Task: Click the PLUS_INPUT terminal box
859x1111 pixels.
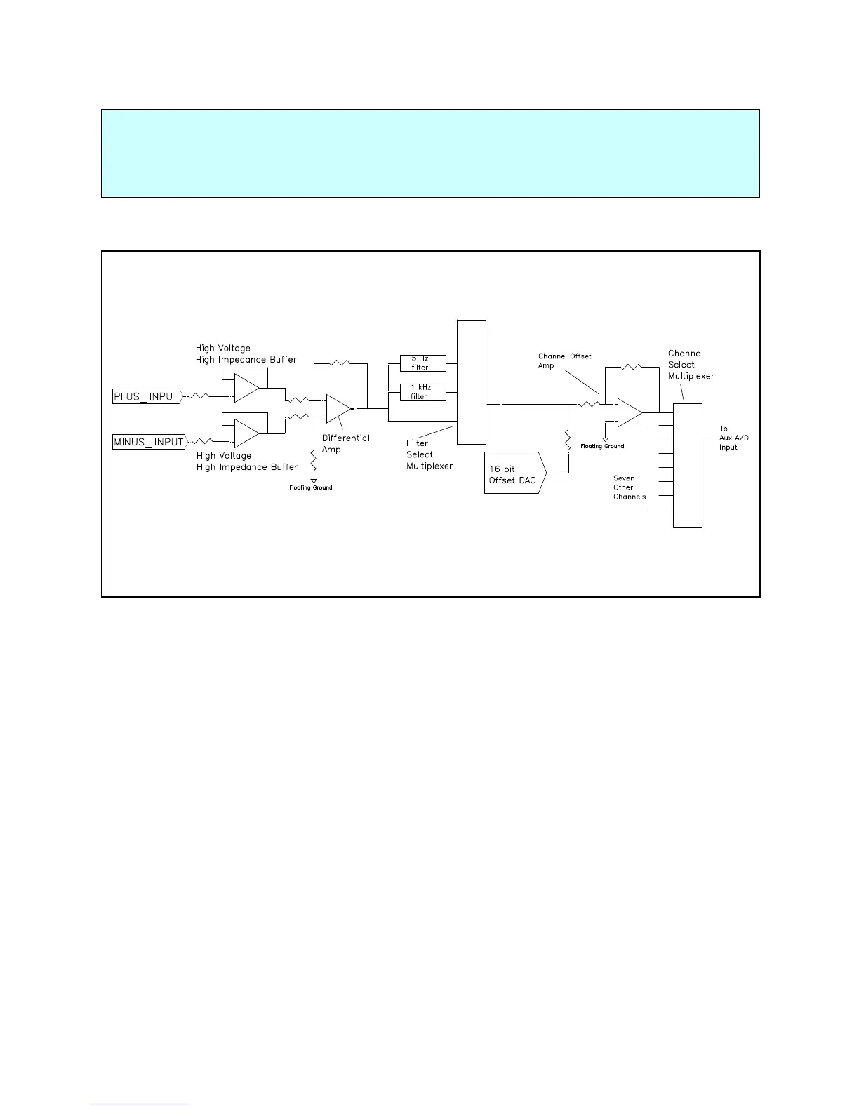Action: [x=147, y=396]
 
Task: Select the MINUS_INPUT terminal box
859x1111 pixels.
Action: [x=149, y=442]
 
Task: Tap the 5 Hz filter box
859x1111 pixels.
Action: [x=422, y=363]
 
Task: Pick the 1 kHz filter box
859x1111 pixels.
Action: [x=422, y=391]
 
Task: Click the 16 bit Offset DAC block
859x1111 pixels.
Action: [x=514, y=473]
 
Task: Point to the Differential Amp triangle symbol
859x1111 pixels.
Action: [x=338, y=408]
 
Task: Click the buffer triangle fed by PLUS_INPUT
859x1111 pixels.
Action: [x=246, y=388]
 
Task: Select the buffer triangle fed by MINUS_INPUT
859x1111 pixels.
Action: [x=246, y=433]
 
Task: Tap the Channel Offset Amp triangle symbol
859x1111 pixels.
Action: [x=629, y=412]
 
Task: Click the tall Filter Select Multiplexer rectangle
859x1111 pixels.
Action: [x=471, y=382]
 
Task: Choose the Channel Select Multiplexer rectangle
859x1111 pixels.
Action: [x=687, y=465]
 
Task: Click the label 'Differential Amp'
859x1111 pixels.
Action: [x=345, y=444]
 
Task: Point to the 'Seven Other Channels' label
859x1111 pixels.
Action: [x=629, y=487]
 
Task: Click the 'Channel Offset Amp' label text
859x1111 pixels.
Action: [x=564, y=361]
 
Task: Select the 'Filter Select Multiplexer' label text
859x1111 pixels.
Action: [x=429, y=454]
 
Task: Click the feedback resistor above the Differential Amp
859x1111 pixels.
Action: [x=340, y=363]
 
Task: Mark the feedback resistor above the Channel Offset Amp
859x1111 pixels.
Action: [x=632, y=366]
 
